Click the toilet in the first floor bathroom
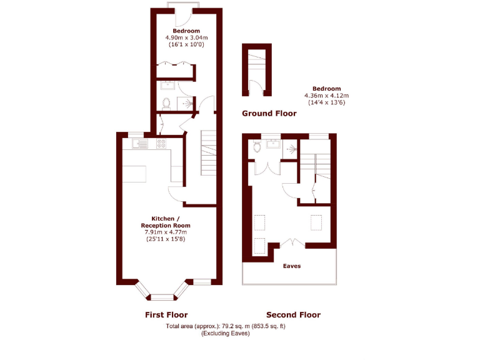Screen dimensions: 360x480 point(166,104)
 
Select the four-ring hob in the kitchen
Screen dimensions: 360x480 point(161,144)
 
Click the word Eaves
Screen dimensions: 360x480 point(292,266)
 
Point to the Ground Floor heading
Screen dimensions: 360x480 point(269,113)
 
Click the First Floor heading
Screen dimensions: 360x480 point(166,314)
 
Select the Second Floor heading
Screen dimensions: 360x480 point(293,314)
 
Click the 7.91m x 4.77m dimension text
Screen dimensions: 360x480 point(166,232)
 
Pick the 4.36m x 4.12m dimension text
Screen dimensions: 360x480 point(324,95)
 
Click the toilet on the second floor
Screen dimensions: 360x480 point(257,147)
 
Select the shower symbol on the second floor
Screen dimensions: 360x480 point(291,149)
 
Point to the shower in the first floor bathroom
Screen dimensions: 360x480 point(188,103)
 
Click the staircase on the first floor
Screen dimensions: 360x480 point(207,153)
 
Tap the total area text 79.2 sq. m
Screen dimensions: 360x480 point(225,326)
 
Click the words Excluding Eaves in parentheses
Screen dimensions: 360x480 point(225,334)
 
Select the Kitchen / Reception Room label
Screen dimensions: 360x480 point(166,221)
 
